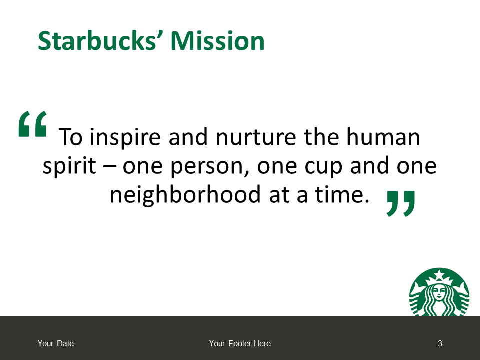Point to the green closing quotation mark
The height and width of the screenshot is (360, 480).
click(401, 204)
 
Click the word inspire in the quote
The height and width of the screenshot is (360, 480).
click(125, 138)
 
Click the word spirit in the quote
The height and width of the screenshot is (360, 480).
click(69, 167)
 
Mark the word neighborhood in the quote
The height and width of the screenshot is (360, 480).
click(185, 195)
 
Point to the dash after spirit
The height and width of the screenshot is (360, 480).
click(109, 167)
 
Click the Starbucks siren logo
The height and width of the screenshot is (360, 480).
click(439, 292)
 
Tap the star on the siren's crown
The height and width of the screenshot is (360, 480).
click(439, 275)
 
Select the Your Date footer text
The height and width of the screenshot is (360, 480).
click(55, 344)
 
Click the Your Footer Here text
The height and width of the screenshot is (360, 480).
click(240, 344)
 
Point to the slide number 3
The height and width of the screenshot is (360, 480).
click(440, 344)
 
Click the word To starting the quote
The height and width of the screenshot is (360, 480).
click(70, 137)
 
